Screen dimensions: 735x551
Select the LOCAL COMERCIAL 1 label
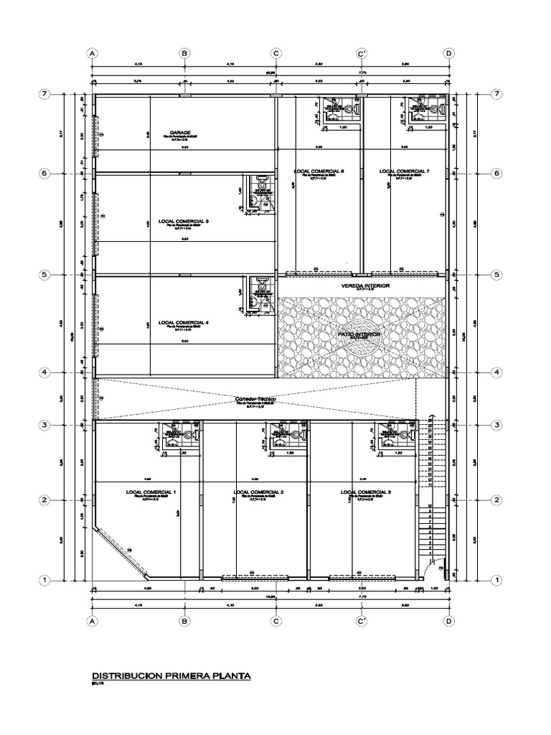pyautogui.click(x=151, y=492)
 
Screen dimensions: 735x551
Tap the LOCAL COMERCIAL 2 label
pyautogui.click(x=259, y=492)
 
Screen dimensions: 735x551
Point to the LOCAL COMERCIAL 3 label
pyautogui.click(x=368, y=492)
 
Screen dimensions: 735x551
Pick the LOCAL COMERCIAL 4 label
pyautogui.click(x=184, y=322)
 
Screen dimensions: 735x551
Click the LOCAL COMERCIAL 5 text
pyautogui.click(x=184, y=221)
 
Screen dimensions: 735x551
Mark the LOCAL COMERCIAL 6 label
pyautogui.click(x=319, y=171)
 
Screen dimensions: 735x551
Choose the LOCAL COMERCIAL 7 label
pyautogui.click(x=404, y=171)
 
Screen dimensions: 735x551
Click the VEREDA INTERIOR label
pyautogui.click(x=366, y=285)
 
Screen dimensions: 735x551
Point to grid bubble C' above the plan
pyautogui.click(x=362, y=53)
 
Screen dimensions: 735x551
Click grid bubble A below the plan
pyautogui.click(x=91, y=621)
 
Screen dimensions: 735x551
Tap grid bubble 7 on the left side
pyautogui.click(x=44, y=95)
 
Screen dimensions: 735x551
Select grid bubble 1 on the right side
pyautogui.click(x=495, y=580)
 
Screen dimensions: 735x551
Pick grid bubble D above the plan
pyautogui.click(x=448, y=53)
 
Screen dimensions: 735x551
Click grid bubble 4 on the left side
pyautogui.click(x=44, y=373)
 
